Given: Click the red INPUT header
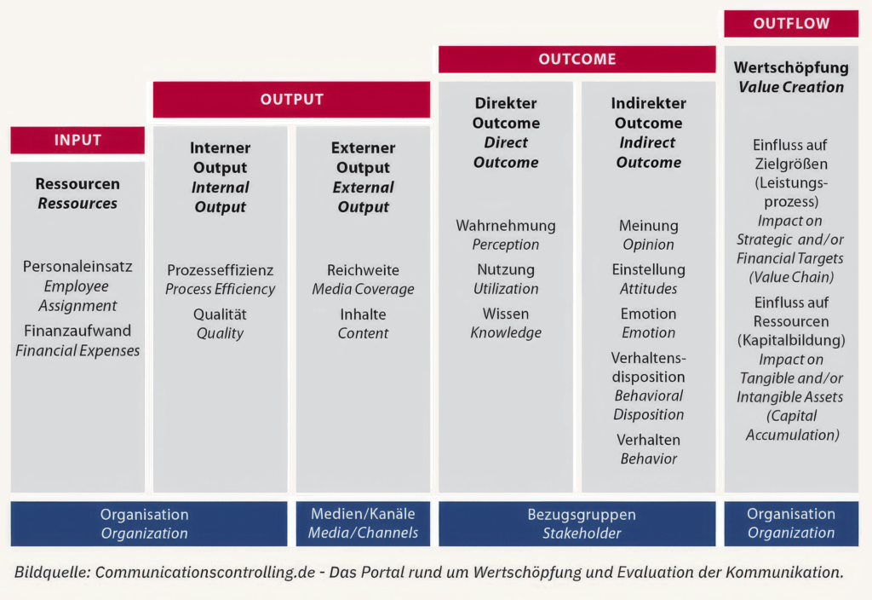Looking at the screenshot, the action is [x=77, y=140].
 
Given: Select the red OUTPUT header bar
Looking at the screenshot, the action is [x=291, y=100].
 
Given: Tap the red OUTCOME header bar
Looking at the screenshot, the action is [x=577, y=59].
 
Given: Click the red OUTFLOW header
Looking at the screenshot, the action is [x=791, y=23].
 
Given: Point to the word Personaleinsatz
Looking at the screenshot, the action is [x=77, y=267].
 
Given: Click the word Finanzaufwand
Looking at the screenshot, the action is [x=77, y=331].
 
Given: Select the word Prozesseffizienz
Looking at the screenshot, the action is [x=221, y=270].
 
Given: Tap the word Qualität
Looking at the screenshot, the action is [x=220, y=314].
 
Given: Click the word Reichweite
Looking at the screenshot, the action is [x=363, y=270].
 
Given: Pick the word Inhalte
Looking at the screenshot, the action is [x=363, y=314].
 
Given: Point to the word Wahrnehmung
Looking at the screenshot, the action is [x=506, y=225].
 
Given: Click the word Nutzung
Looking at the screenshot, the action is [x=506, y=270].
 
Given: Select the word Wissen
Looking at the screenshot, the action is [x=506, y=314].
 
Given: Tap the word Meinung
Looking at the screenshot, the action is [x=648, y=225].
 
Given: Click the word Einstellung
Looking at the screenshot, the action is [x=648, y=270].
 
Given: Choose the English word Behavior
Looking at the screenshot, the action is [x=648, y=459].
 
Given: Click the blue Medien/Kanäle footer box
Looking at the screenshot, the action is [x=363, y=523].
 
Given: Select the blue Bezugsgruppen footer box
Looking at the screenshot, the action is [x=577, y=523].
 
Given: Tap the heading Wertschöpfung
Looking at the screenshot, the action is [x=791, y=68].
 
